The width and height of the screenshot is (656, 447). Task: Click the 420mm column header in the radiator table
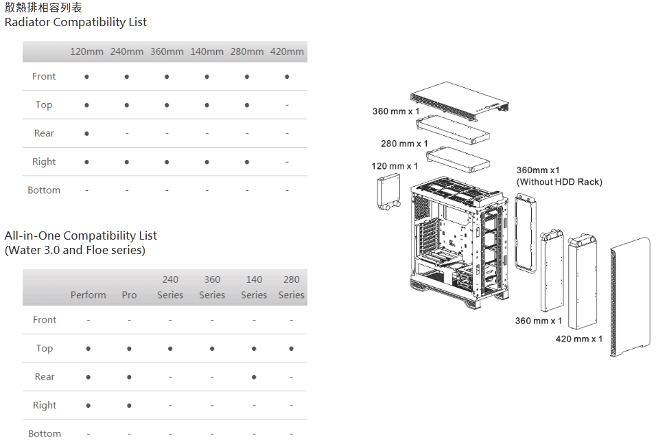click(287, 51)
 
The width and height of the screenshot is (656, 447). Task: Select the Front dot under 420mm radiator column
click(287, 77)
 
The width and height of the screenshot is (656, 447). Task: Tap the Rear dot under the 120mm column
click(86, 133)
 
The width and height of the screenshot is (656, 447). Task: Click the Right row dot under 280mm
click(247, 162)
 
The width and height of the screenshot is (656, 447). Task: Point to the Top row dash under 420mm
click(287, 105)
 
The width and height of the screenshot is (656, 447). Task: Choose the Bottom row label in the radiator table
click(44, 190)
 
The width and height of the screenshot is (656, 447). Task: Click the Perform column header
click(89, 295)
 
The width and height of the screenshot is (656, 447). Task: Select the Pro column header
click(129, 295)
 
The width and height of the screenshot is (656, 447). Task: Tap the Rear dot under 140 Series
click(254, 377)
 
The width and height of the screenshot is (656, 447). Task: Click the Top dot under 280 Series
click(291, 349)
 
